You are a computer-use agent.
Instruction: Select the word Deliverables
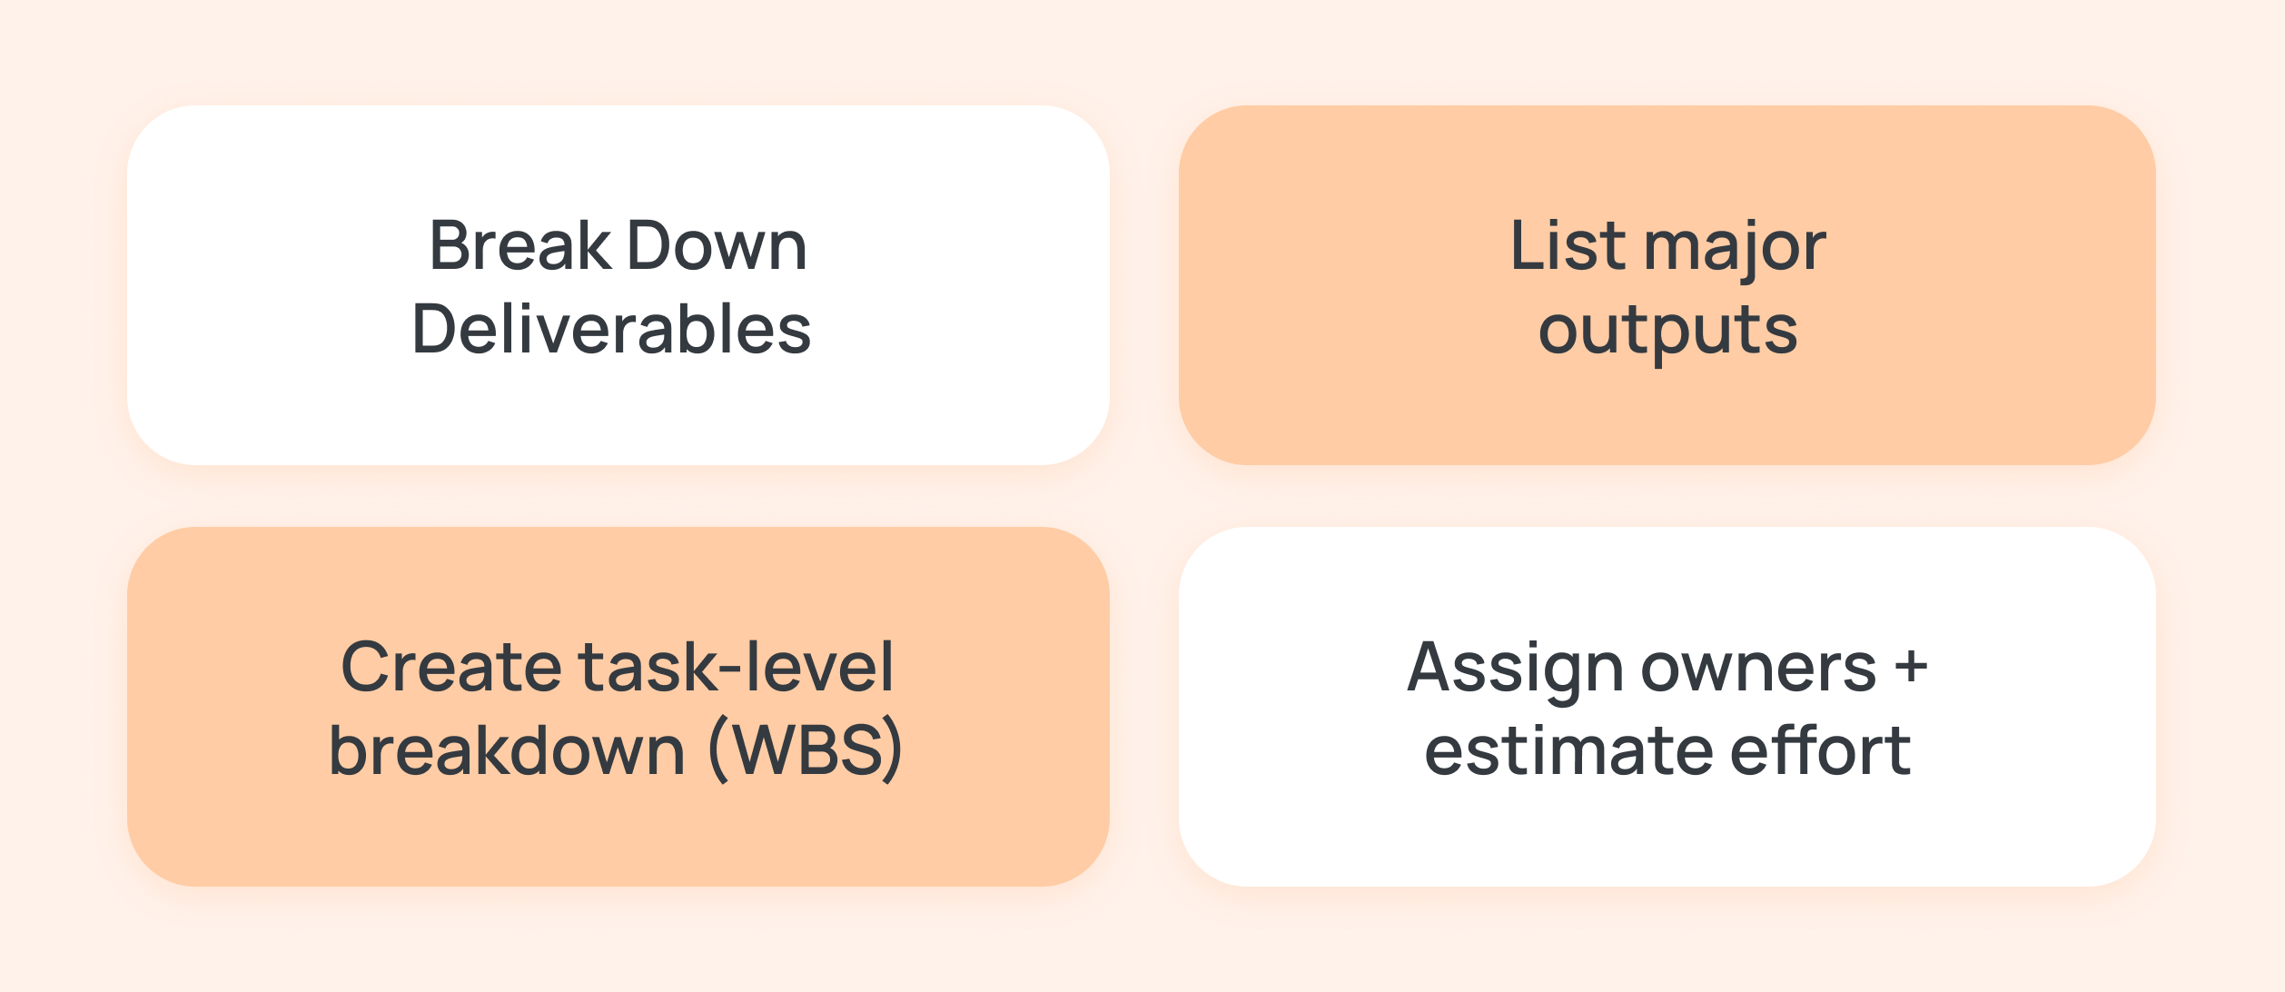point(611,329)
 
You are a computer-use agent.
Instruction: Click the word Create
point(450,667)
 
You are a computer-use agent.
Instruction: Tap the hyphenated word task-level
point(736,667)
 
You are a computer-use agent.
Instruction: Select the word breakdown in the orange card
point(507,750)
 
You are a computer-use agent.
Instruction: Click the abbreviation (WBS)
point(806,750)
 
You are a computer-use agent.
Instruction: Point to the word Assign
point(1514,669)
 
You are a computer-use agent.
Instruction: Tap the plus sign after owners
point(1911,667)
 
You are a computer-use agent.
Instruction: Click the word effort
point(1820,750)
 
